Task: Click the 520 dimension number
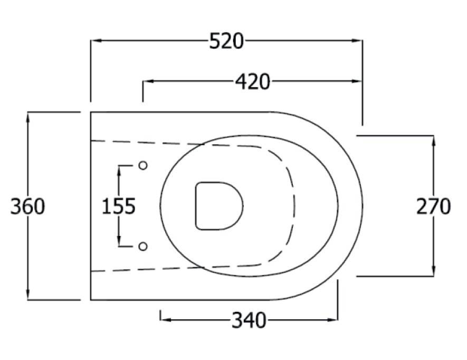pyautogui.click(x=226, y=41)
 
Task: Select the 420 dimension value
pyautogui.click(x=252, y=82)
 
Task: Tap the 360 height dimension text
pyautogui.click(x=28, y=206)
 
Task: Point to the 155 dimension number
pyautogui.click(x=119, y=206)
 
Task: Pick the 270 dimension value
pyautogui.click(x=434, y=206)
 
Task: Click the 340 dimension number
pyautogui.click(x=249, y=319)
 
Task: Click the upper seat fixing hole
pyautogui.click(x=142, y=165)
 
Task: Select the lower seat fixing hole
pyautogui.click(x=142, y=247)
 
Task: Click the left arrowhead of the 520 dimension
pyautogui.click(x=95, y=41)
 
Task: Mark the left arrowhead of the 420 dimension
pyautogui.click(x=147, y=82)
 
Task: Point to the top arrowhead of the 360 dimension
pyautogui.click(x=28, y=117)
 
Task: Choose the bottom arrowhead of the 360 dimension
pyautogui.click(x=28, y=296)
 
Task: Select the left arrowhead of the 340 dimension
pyautogui.click(x=165, y=319)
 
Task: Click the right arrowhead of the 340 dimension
pyautogui.click(x=333, y=319)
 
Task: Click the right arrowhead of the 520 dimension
pyautogui.click(x=358, y=41)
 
